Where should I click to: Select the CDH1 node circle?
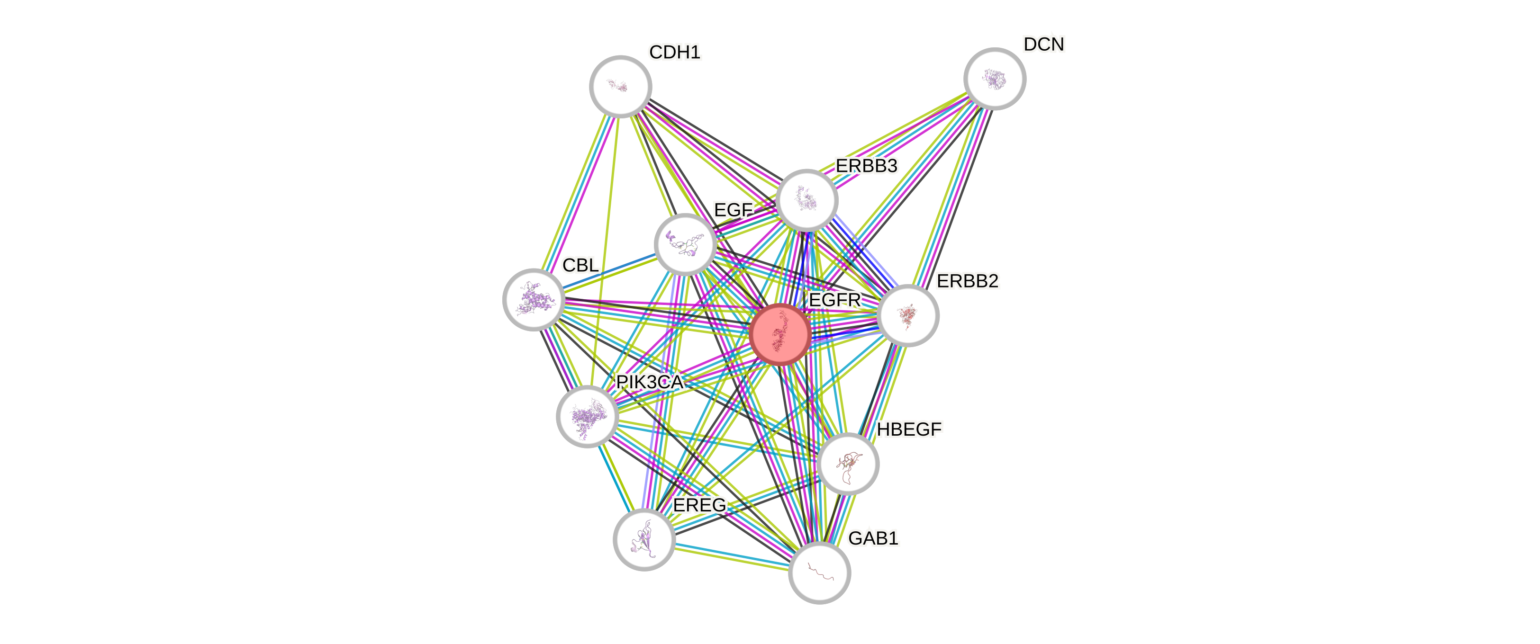pyautogui.click(x=621, y=86)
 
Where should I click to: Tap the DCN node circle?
pyautogui.click(x=995, y=79)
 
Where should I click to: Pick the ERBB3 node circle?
pyautogui.click(x=807, y=199)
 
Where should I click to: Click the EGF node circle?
pyautogui.click(x=685, y=244)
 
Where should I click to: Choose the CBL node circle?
pyautogui.click(x=533, y=299)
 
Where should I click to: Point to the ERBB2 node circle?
pyautogui.click(x=908, y=315)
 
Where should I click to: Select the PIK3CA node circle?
pyautogui.click(x=587, y=416)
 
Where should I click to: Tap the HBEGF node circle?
pyautogui.click(x=848, y=464)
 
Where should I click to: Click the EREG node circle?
pyautogui.click(x=644, y=539)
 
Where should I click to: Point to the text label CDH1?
pyautogui.click(x=675, y=53)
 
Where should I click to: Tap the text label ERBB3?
pyautogui.click(x=866, y=166)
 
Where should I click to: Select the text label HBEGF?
pyautogui.click(x=909, y=429)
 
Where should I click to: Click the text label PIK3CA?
pyautogui.click(x=650, y=382)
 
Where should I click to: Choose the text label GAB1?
pyautogui.click(x=873, y=538)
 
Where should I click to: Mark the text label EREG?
pyautogui.click(x=699, y=505)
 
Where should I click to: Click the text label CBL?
pyautogui.click(x=580, y=265)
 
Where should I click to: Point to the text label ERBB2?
pyautogui.click(x=967, y=281)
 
